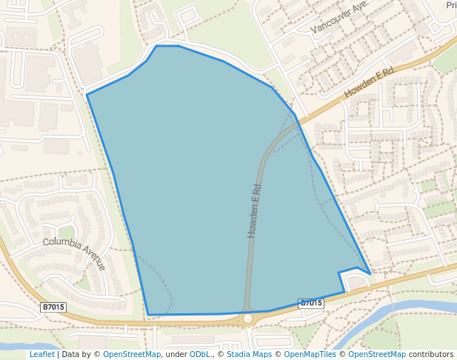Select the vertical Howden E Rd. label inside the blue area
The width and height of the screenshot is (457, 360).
click(x=256, y=210)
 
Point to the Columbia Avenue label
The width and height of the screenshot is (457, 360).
click(x=74, y=253)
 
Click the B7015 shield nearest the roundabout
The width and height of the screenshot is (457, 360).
click(x=311, y=303)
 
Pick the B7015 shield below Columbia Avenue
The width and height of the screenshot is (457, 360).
click(x=53, y=307)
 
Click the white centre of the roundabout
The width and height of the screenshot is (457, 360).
click(x=247, y=319)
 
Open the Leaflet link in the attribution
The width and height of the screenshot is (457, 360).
click(x=41, y=354)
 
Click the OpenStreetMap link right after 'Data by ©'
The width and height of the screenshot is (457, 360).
click(x=132, y=354)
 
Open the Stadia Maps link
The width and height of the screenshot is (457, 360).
click(x=249, y=354)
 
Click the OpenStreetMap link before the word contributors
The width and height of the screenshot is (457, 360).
click(x=377, y=354)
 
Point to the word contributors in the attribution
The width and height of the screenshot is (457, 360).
click(x=431, y=354)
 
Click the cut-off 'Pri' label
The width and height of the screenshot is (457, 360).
click(x=450, y=5)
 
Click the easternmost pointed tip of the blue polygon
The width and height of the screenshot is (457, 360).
click(x=370, y=274)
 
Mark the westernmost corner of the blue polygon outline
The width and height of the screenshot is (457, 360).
click(x=87, y=95)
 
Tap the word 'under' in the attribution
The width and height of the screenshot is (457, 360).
click(x=176, y=354)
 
